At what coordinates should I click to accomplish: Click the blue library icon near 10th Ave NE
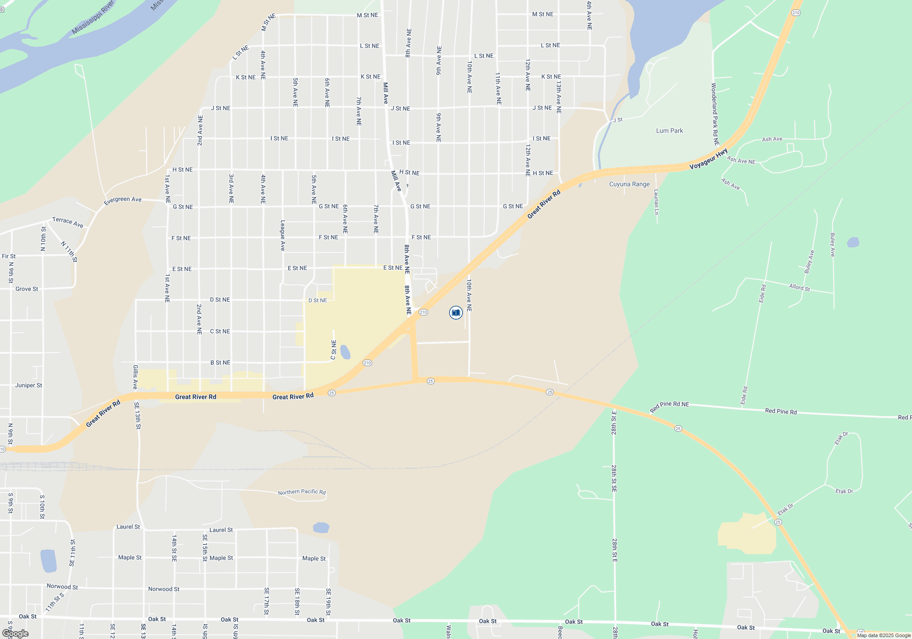[x=456, y=313]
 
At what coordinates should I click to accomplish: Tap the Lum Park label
[x=669, y=131]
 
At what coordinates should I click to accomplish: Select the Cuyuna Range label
[x=629, y=184]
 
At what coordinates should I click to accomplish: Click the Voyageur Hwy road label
[x=708, y=159]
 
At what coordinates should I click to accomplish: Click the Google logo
[x=15, y=634]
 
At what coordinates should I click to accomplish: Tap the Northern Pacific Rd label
[x=302, y=492]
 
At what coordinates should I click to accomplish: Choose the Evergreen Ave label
[x=123, y=200]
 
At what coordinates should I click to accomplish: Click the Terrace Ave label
[x=67, y=222]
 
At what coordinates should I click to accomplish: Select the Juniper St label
[x=28, y=385]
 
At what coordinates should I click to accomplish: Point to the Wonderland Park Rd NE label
[x=715, y=114]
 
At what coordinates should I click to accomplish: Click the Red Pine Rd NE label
[x=669, y=407]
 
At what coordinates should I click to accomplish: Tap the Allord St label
[x=799, y=288]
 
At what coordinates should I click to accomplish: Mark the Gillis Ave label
[x=135, y=377]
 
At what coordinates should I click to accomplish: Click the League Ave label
[x=282, y=236]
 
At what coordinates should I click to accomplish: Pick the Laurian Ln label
[x=656, y=202]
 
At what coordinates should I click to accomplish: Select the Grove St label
[x=27, y=289]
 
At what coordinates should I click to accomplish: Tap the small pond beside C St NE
[x=345, y=352]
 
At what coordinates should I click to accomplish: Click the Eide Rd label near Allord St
[x=762, y=293]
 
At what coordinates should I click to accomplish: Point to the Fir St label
[x=9, y=256]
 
